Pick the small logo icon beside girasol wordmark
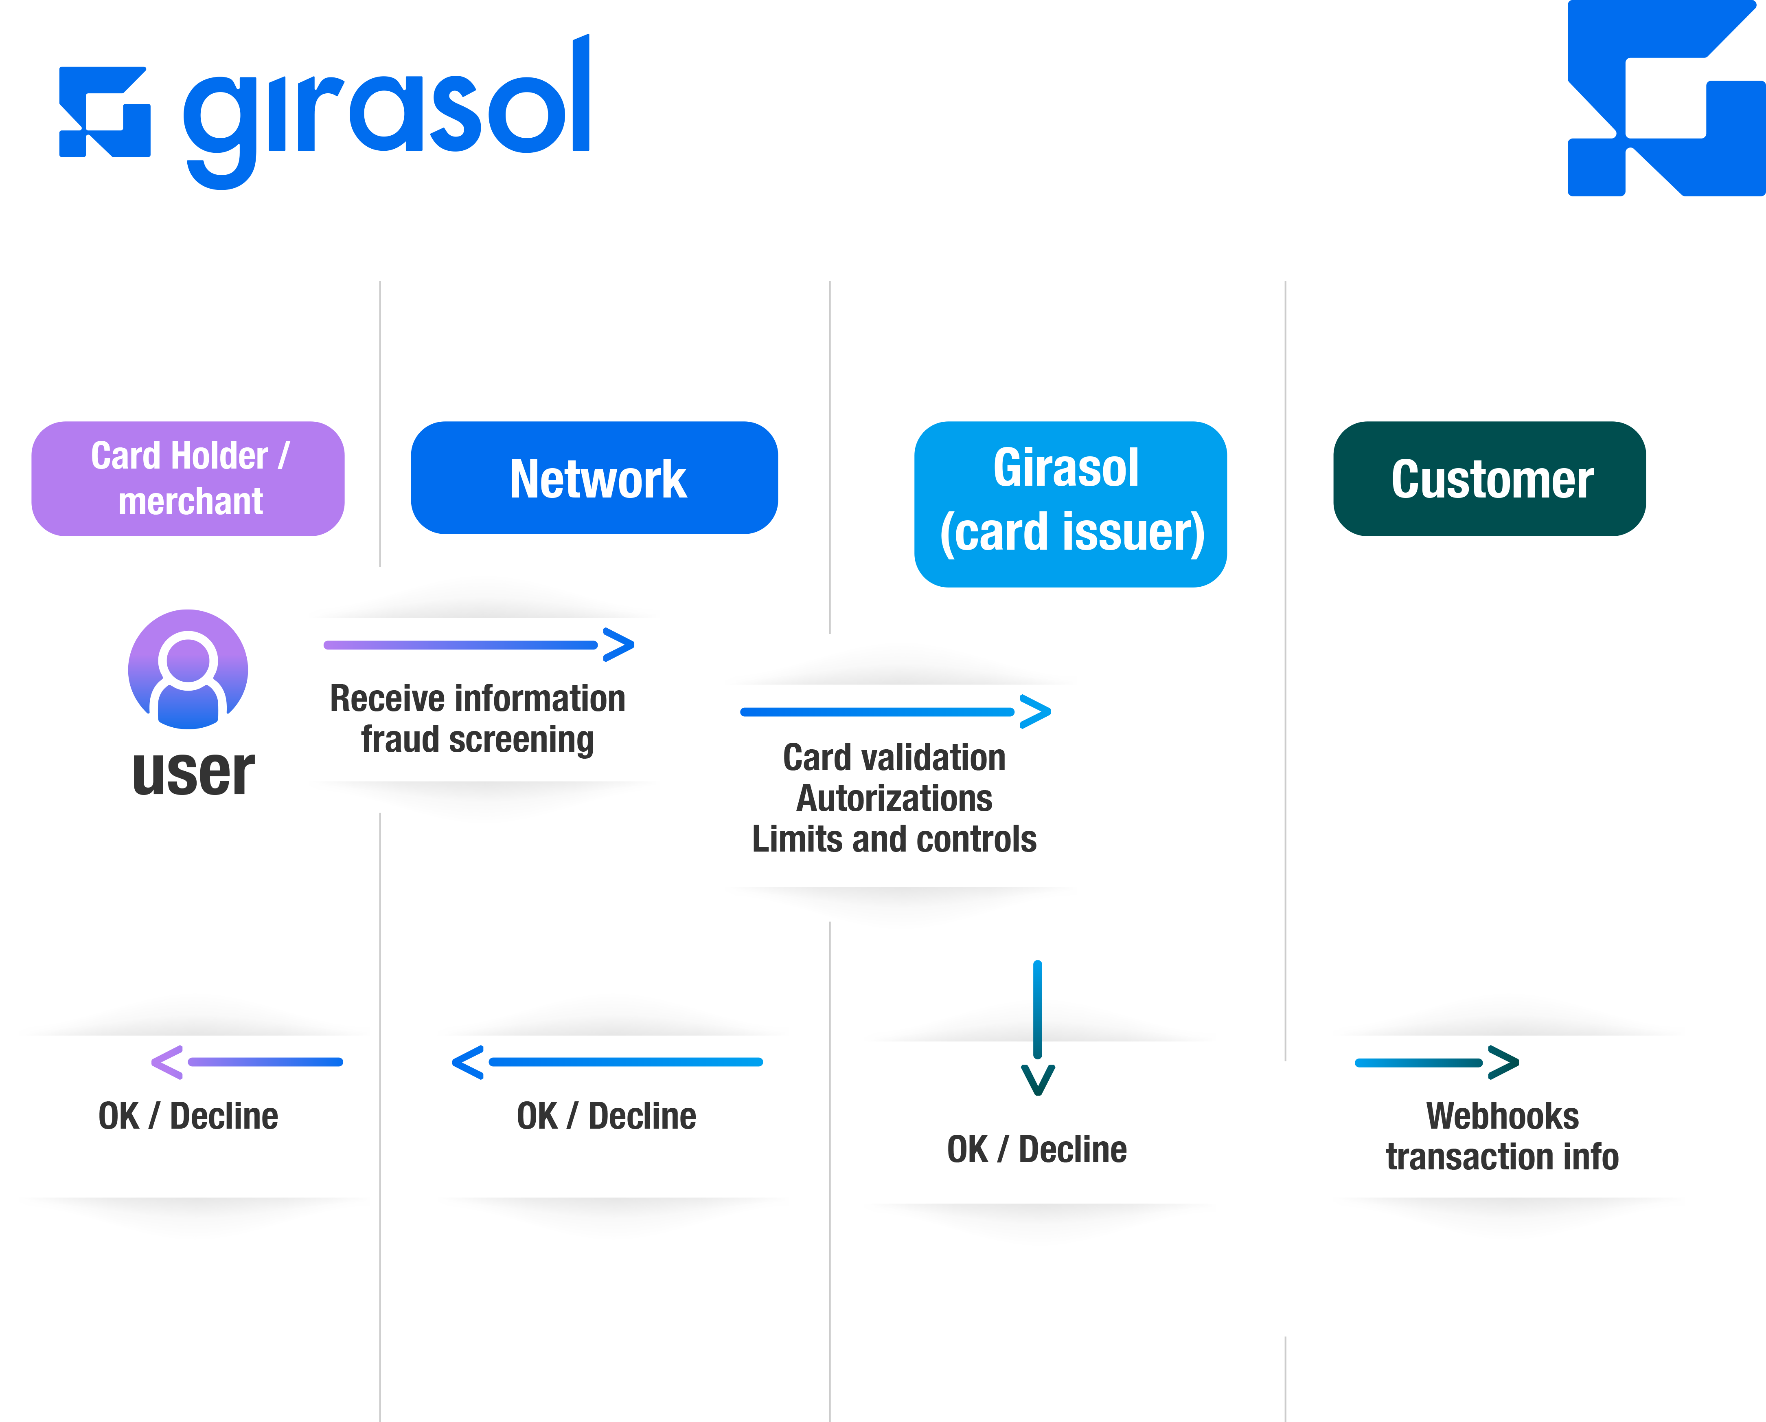click(x=105, y=112)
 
